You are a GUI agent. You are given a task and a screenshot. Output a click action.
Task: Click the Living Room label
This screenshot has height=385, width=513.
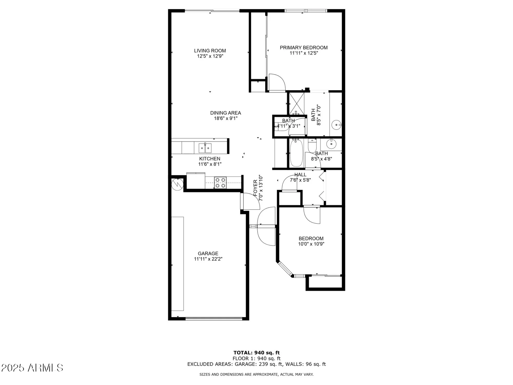[x=210, y=51]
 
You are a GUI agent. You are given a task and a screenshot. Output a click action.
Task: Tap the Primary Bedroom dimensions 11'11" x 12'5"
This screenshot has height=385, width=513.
[x=304, y=53]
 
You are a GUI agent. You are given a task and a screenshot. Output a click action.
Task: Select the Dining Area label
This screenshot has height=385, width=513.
[x=225, y=113]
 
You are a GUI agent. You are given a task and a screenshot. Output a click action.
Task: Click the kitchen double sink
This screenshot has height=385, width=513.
[x=205, y=148]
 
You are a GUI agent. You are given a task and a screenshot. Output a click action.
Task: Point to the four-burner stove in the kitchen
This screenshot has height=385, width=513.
[x=220, y=182]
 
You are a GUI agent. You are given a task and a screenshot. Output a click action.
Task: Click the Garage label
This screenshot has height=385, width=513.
[x=208, y=254]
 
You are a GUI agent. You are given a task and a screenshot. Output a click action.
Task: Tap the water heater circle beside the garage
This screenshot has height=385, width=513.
[x=177, y=184]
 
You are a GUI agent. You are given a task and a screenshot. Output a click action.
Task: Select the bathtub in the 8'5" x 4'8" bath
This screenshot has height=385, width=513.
[x=296, y=153]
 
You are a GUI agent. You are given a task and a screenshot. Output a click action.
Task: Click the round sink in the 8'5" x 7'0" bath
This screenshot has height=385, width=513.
[x=336, y=125]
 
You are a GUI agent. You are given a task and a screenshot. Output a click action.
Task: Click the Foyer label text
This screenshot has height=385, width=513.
[x=255, y=188]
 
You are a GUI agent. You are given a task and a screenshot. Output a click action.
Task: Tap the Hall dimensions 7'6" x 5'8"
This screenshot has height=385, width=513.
[x=300, y=180]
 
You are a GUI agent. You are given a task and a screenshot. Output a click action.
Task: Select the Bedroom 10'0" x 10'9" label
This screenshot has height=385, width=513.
[x=311, y=239]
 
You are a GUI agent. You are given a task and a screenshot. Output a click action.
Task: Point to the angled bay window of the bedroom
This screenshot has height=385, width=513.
[x=285, y=269]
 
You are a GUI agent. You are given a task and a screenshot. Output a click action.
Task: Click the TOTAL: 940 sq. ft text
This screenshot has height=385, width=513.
[x=256, y=353]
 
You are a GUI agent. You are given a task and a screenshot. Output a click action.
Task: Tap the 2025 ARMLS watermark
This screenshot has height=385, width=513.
[x=32, y=368]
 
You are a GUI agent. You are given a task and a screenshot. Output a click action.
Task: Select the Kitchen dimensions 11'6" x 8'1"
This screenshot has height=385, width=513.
[x=210, y=164]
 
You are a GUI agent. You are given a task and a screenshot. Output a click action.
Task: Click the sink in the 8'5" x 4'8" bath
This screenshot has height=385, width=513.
[x=331, y=144]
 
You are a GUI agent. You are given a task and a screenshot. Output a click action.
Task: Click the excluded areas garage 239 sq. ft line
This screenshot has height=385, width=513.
[x=256, y=364]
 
